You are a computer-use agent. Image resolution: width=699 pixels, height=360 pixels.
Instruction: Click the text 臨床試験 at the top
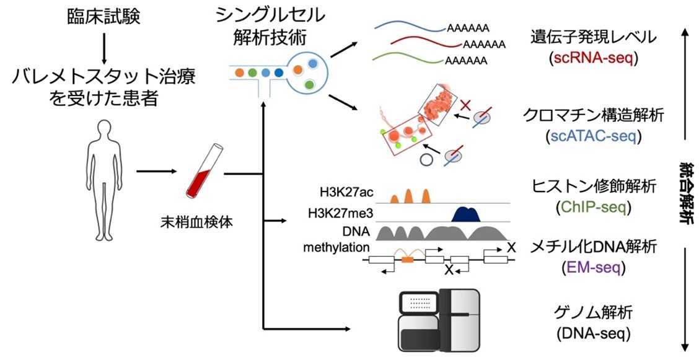(104, 17)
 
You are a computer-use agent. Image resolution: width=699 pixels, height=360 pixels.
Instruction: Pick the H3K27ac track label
(346, 191)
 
